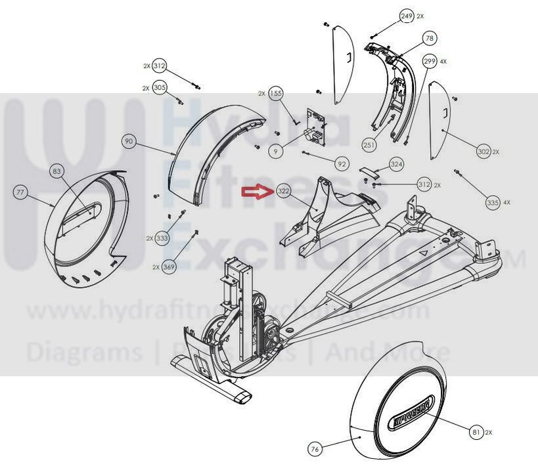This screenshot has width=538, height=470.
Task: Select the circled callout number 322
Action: (x=284, y=191)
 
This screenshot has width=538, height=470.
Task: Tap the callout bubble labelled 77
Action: (x=22, y=192)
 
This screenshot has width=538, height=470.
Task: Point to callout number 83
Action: (x=58, y=172)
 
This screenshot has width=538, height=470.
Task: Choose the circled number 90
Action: (x=129, y=141)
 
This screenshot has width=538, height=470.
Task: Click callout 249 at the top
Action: (x=407, y=16)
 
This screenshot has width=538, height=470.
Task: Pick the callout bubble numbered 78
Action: (x=430, y=39)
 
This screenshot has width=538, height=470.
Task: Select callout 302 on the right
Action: (x=483, y=152)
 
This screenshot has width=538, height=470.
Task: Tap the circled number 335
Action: (x=493, y=203)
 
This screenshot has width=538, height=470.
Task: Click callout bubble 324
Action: (x=396, y=163)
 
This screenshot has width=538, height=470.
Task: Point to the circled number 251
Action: (x=369, y=144)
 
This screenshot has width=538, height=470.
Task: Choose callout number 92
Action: (x=342, y=163)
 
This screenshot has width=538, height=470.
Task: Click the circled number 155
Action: (x=276, y=94)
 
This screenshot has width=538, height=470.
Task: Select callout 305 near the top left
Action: (x=160, y=87)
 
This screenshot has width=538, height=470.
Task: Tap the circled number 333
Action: (x=162, y=238)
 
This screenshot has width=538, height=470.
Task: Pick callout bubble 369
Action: (x=169, y=267)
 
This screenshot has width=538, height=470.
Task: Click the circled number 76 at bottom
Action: (x=315, y=449)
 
